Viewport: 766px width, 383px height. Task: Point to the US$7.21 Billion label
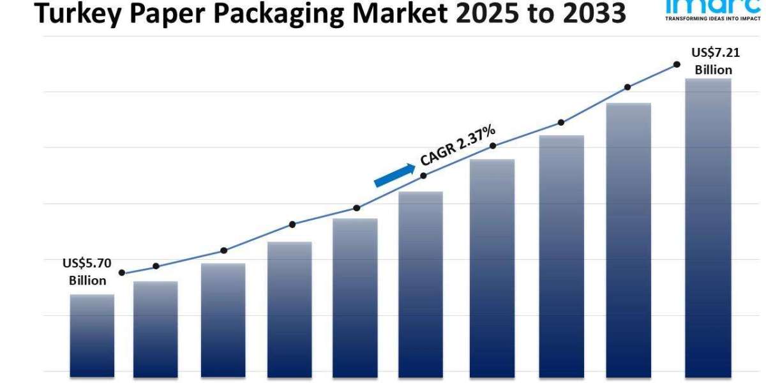tap(714, 61)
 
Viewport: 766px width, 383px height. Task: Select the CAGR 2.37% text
tap(457, 146)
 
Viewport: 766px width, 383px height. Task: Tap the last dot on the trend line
tap(676, 64)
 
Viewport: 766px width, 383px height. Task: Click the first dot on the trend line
tap(122, 273)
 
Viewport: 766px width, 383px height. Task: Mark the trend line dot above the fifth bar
tap(357, 208)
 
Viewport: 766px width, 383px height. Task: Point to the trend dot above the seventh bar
tap(493, 146)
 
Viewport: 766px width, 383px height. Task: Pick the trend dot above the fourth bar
tap(292, 224)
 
